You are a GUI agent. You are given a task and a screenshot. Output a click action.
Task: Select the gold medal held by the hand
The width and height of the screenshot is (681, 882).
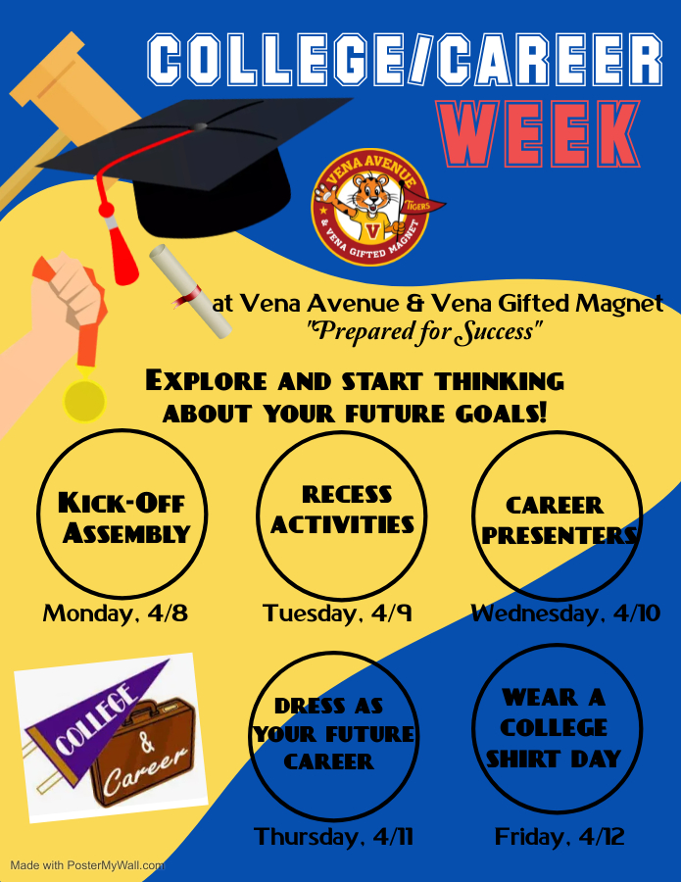[84, 399]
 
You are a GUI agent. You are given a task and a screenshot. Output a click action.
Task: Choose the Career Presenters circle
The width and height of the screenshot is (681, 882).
[557, 515]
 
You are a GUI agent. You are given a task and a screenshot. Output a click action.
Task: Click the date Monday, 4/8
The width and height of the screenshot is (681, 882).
[115, 613]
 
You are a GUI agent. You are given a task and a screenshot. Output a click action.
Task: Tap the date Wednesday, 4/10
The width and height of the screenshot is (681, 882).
[565, 613]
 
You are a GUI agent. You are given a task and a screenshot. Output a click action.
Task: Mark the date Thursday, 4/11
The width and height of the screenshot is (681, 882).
[333, 837]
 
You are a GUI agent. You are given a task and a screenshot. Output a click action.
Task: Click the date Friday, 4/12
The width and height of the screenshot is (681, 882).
[559, 837]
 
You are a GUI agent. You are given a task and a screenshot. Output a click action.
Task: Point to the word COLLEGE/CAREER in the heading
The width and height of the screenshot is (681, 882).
[405, 61]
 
